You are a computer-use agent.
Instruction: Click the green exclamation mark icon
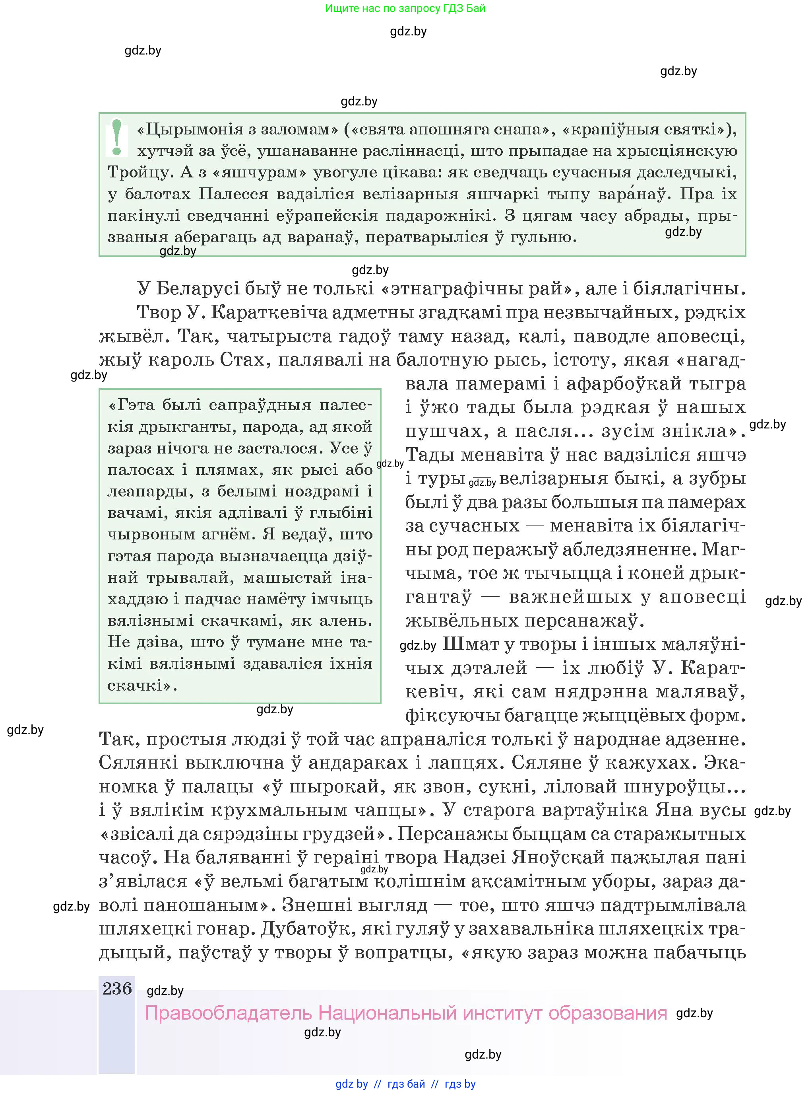(116, 138)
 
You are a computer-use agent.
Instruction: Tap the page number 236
(117, 988)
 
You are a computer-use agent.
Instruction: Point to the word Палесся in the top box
(233, 194)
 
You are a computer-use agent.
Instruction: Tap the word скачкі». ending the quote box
(142, 685)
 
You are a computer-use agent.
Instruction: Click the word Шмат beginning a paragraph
(467, 644)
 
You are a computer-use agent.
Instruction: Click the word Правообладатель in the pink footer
(228, 1013)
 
